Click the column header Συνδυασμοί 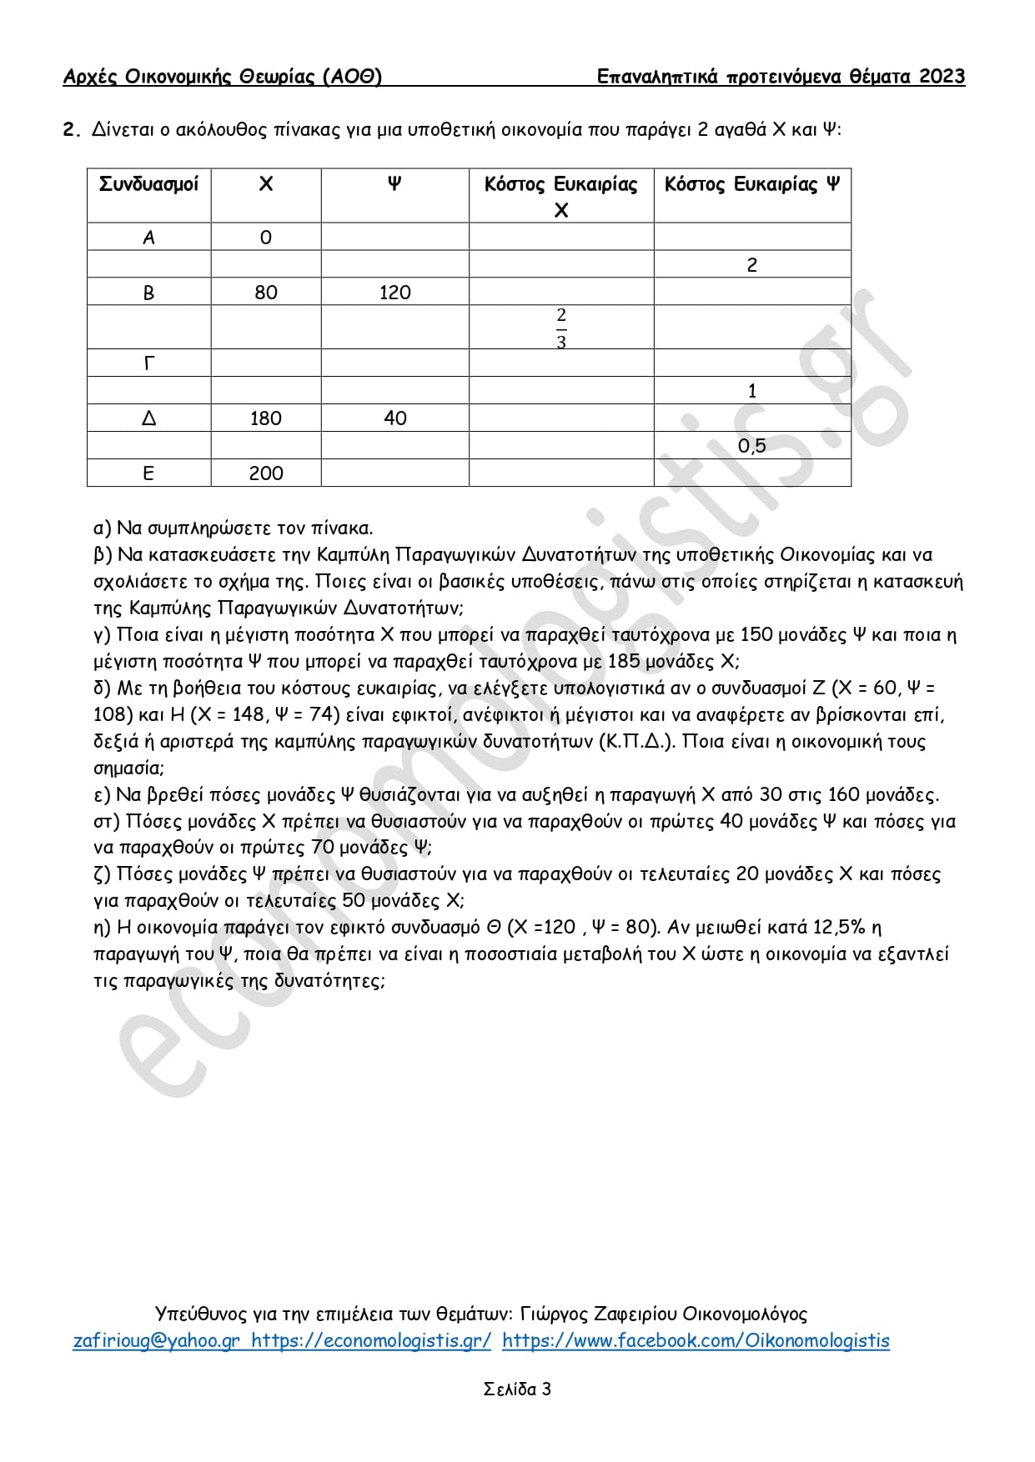coord(148,184)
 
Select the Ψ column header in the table coord(394,184)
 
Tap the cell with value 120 coord(394,293)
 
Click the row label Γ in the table coord(148,363)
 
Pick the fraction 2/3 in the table coord(560,328)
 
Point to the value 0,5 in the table coord(751,446)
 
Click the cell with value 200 coord(266,473)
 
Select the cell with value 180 coord(266,418)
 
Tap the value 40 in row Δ coord(394,418)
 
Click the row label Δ coord(148,418)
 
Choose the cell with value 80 coord(266,293)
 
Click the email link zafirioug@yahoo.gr coord(157,1341)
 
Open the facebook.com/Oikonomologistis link coord(696,1341)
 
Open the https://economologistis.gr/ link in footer coord(371,1341)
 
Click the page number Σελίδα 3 coord(517,1389)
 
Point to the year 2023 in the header coord(942,78)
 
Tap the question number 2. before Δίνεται coord(70,130)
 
